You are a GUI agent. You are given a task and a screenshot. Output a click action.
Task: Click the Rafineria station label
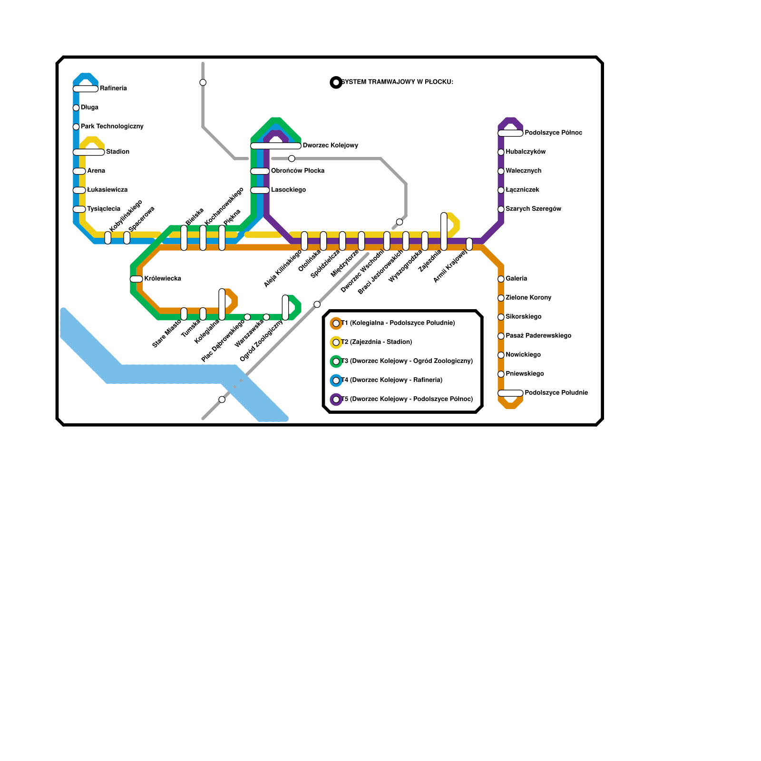point(113,88)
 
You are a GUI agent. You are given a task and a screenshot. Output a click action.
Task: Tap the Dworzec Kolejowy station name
point(330,146)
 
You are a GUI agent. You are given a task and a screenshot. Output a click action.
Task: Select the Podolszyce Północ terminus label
point(553,133)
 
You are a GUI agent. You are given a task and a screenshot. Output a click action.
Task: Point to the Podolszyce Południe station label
point(556,393)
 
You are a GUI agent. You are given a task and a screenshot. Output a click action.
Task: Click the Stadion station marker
point(88,152)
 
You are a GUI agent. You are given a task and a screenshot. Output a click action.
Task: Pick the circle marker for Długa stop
point(76,108)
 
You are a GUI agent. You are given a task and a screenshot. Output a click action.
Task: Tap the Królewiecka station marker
point(137,279)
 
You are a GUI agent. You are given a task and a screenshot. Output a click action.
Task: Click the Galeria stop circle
point(501,279)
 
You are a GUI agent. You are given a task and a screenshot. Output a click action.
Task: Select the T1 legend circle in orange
point(336,323)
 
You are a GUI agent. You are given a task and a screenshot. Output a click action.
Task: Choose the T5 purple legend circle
point(336,400)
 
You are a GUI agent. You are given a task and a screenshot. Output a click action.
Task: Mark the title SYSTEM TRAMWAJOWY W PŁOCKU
point(397,82)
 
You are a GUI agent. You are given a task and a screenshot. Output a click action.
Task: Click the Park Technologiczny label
point(112,127)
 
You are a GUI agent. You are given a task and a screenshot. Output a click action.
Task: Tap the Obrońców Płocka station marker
point(260,171)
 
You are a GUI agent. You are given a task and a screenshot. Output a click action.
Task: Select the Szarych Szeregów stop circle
point(501,209)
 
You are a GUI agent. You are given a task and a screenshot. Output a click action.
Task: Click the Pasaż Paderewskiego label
point(538,336)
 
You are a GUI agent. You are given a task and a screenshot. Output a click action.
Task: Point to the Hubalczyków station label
point(526,152)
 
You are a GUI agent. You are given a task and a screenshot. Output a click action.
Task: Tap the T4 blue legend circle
point(336,380)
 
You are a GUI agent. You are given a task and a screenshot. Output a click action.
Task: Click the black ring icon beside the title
point(336,83)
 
